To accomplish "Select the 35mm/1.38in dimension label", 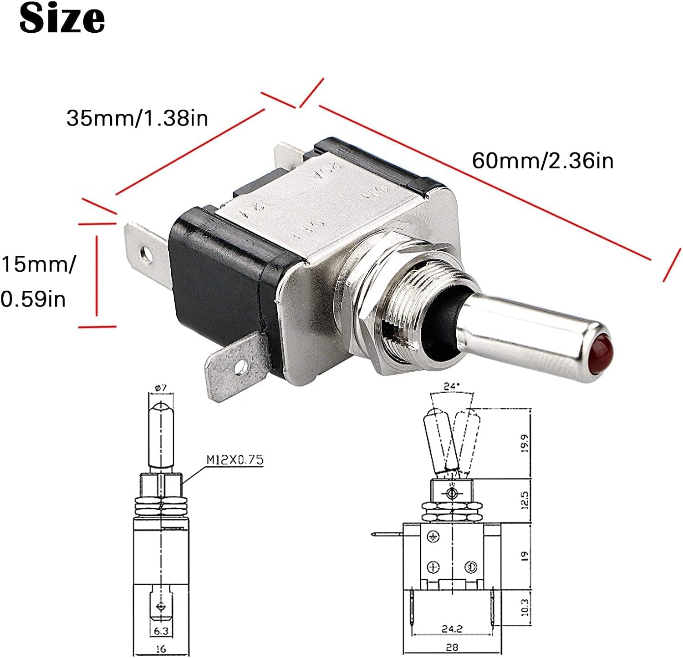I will [x=137, y=118].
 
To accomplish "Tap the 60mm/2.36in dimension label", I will [x=543, y=161].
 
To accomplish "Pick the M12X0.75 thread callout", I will [x=235, y=460].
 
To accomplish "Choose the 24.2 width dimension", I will [x=452, y=629].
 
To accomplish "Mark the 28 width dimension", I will [x=452, y=647].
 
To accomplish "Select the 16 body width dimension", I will [x=161, y=649].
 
